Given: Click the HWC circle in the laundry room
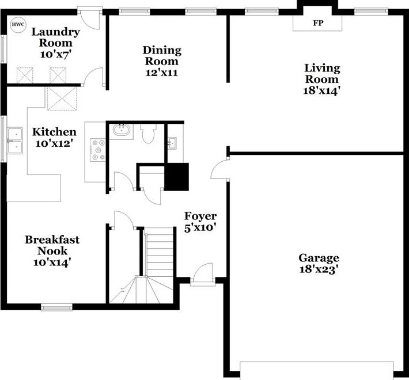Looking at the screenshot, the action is (x=18, y=25).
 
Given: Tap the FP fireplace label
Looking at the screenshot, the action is (x=318, y=23).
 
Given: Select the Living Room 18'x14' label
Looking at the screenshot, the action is (x=322, y=79).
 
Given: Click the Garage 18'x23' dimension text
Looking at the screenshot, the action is (x=319, y=264).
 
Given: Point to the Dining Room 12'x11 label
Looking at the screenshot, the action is (x=162, y=61).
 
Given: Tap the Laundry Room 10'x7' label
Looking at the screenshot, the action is (x=55, y=43).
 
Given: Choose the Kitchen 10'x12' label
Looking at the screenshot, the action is (x=54, y=138).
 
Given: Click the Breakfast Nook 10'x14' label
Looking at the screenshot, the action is (x=52, y=250).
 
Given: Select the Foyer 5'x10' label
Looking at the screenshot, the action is (x=200, y=222).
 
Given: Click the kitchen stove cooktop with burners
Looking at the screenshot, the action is (x=98, y=150).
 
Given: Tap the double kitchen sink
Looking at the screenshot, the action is (x=15, y=140).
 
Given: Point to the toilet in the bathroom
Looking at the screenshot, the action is (x=148, y=134).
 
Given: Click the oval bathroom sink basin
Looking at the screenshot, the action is (x=121, y=130).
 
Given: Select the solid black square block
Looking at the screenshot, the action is (x=176, y=177).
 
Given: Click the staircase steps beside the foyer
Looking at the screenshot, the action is (x=158, y=265).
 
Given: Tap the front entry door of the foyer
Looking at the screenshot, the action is (x=203, y=275).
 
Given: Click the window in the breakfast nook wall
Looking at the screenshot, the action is (x=57, y=308).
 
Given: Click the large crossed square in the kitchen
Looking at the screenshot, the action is (x=62, y=99).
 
